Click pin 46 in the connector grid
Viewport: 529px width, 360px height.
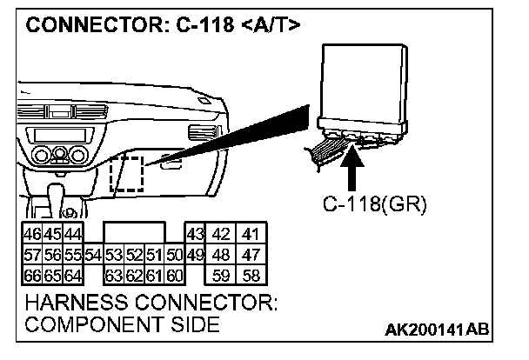pos(31,234)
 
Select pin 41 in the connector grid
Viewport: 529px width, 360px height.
pos(251,234)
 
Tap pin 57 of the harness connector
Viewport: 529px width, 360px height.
pos(31,255)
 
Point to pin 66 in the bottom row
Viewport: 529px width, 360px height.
pos(31,277)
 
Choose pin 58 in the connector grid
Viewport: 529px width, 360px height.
pos(251,277)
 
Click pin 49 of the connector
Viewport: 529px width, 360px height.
pos(194,255)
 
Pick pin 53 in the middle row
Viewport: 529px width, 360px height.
pos(113,255)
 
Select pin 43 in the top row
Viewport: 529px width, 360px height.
pos(194,234)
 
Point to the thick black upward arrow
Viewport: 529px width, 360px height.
pos(352,169)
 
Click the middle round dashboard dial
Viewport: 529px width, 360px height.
pos(59,157)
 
